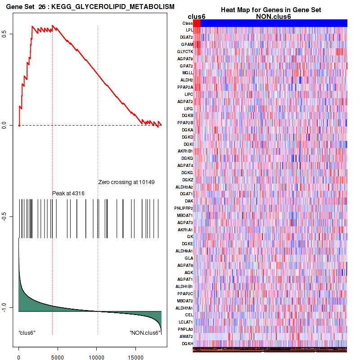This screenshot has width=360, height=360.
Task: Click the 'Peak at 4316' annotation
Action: [68, 193]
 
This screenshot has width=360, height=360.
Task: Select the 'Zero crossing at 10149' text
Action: [126, 182]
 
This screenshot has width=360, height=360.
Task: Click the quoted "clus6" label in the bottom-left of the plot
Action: [27, 333]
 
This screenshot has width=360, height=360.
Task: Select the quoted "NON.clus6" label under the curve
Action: [145, 333]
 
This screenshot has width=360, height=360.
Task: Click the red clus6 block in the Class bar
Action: [197, 23]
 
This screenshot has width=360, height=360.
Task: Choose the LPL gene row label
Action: [189, 30]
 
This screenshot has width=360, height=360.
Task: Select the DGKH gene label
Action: [187, 343]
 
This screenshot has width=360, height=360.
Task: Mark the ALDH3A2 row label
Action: [184, 187]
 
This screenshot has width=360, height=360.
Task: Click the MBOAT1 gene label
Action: [185, 215]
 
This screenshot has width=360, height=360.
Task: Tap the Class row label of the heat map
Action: [187, 23]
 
